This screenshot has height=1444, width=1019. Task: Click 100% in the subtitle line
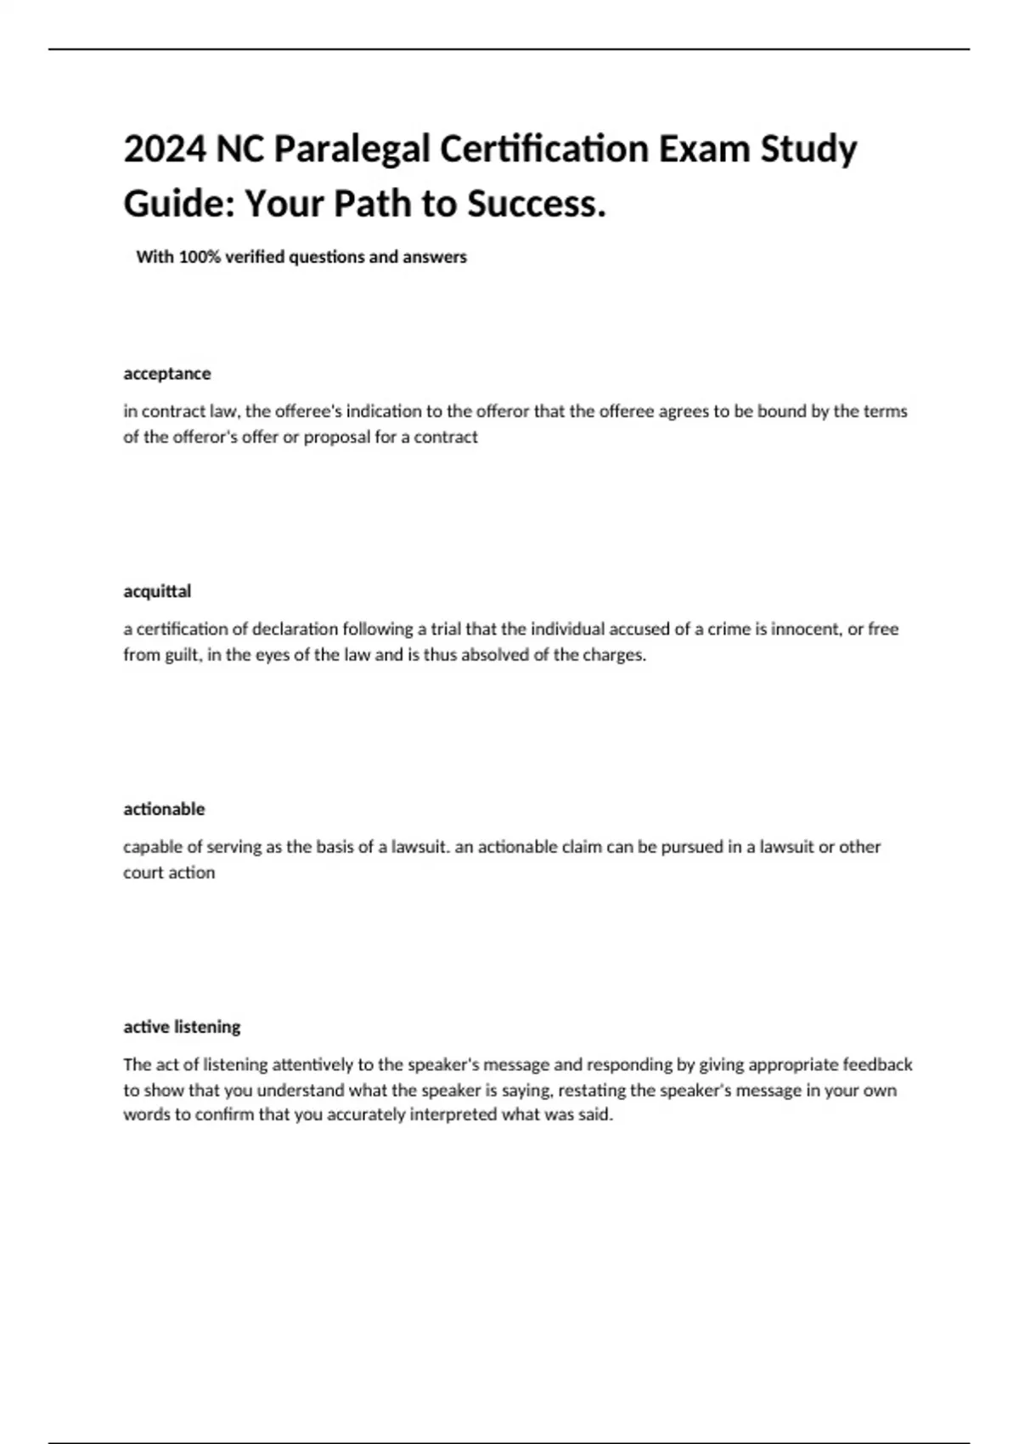point(199,257)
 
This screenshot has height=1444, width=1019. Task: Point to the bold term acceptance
point(167,374)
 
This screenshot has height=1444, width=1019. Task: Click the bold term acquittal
point(157,591)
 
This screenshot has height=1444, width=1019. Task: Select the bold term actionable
point(164,809)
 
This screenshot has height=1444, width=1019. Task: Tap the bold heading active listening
point(182,1027)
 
